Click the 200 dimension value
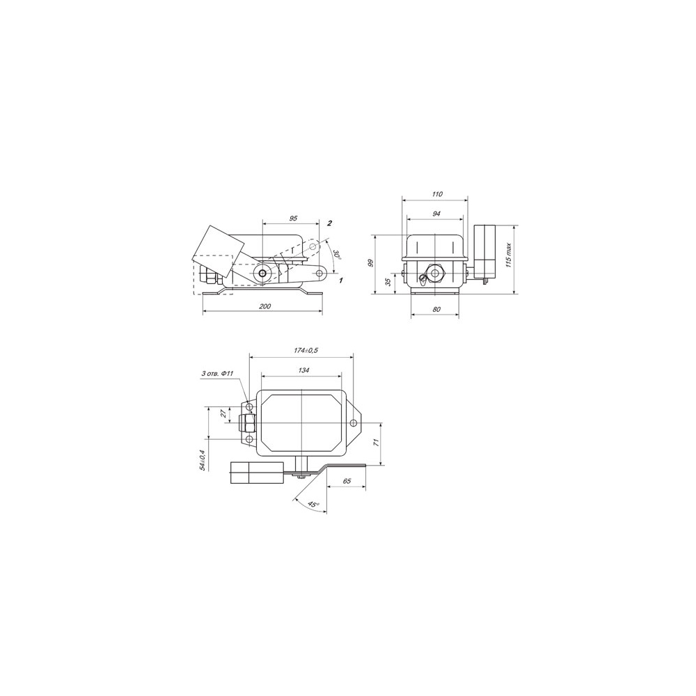point(265,306)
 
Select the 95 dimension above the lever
point(293,219)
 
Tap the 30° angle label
point(337,255)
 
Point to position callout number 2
point(329,223)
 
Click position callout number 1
point(341,280)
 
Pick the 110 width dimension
point(437,194)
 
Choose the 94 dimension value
point(436,214)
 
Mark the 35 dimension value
point(388,282)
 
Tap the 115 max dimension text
point(509,255)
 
